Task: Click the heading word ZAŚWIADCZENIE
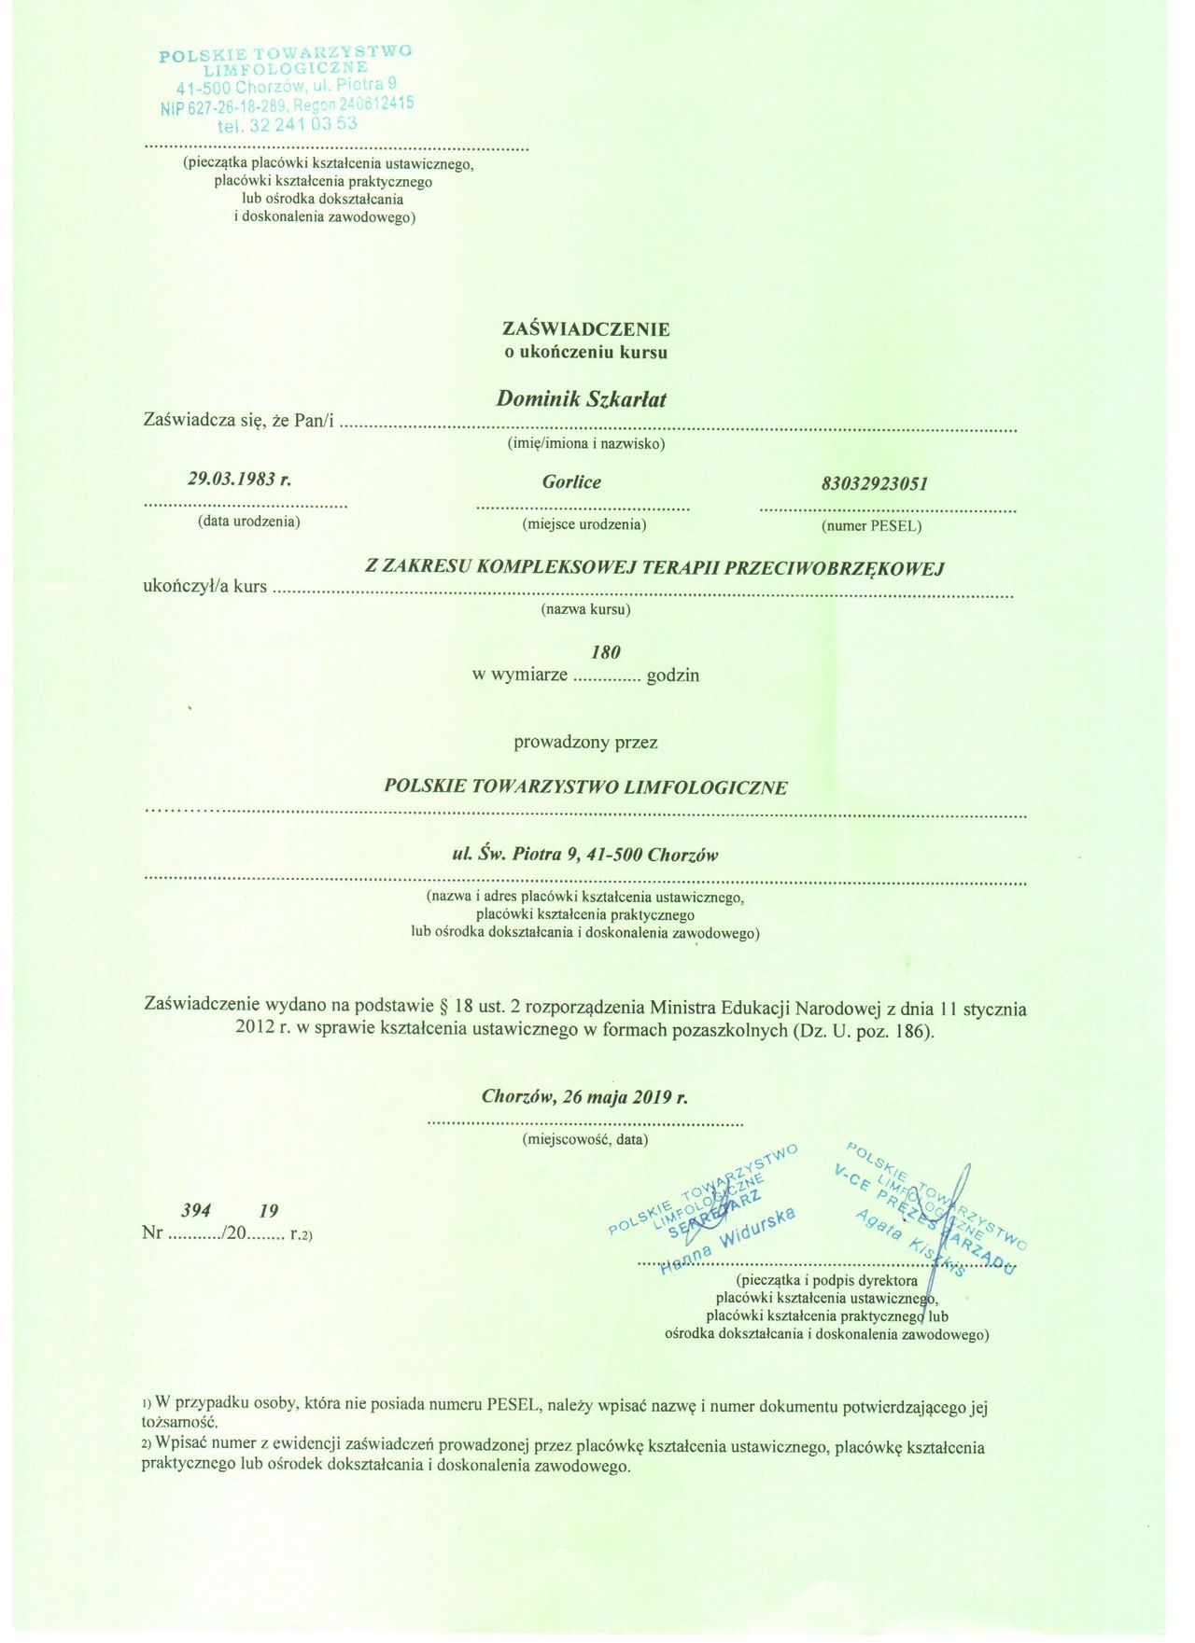(x=585, y=329)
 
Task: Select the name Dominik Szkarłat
(x=581, y=399)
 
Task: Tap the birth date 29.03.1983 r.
(x=240, y=480)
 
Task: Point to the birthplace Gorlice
(x=571, y=482)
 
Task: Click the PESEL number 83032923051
(x=875, y=484)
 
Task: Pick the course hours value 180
(x=606, y=652)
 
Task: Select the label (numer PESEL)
(x=871, y=526)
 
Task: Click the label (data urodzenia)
(x=249, y=522)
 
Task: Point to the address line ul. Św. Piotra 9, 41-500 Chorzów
(x=585, y=855)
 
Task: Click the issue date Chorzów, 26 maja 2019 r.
(x=585, y=1096)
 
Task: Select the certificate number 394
(x=196, y=1211)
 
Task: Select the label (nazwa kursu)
(x=585, y=610)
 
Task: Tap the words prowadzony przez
(x=585, y=743)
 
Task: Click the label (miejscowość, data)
(x=585, y=1139)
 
